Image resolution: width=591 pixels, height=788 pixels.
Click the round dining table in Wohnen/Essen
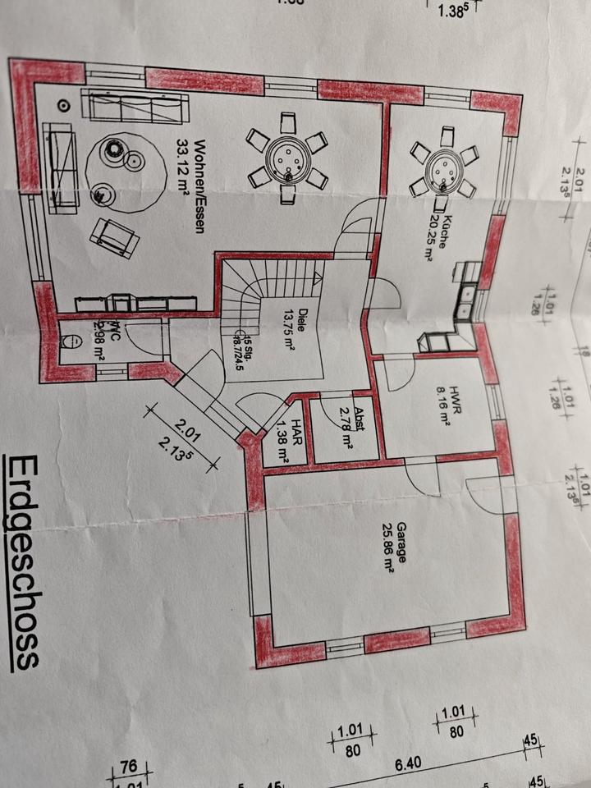click(x=288, y=158)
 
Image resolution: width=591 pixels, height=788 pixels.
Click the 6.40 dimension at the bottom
click(x=408, y=763)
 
